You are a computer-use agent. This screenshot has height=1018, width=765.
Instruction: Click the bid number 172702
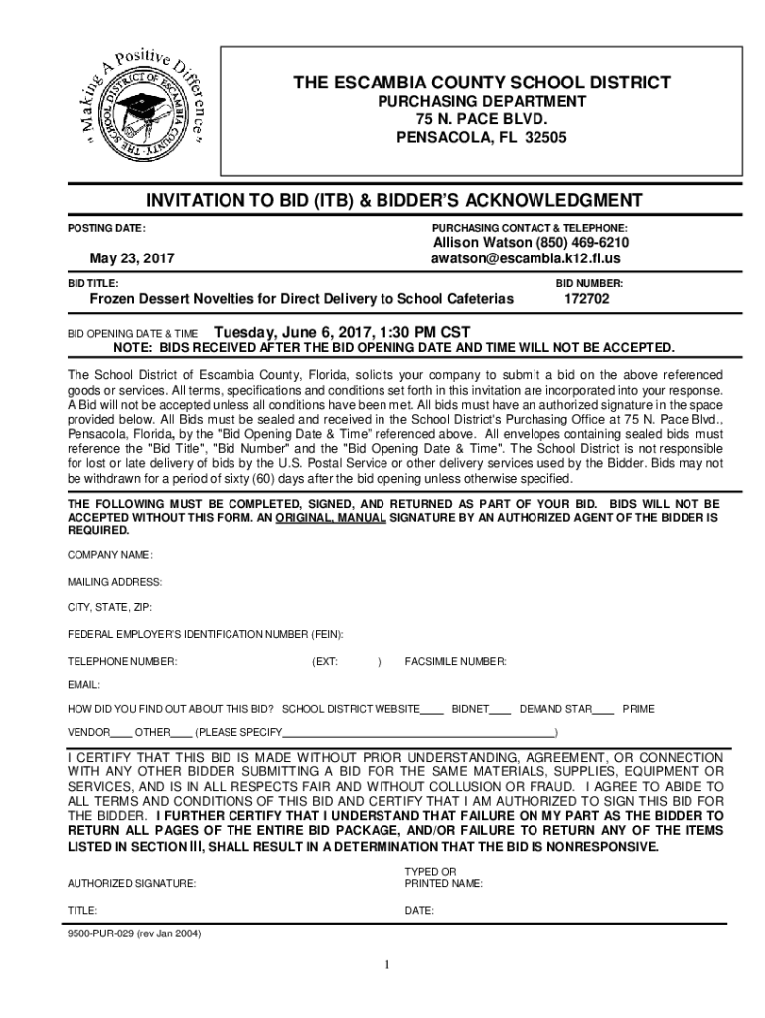(x=589, y=298)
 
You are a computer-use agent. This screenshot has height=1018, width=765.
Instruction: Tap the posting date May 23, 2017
(x=132, y=258)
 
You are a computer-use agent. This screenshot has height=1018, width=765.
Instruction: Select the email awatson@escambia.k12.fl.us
(x=526, y=258)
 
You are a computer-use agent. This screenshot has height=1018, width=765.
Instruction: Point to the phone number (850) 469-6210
(x=582, y=243)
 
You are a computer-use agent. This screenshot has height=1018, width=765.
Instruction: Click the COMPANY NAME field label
(x=109, y=554)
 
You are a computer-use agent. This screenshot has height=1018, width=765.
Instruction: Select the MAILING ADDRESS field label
(x=114, y=581)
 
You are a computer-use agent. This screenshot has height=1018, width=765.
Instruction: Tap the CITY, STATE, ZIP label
(x=109, y=607)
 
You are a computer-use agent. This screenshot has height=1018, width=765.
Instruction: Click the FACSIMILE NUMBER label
(x=455, y=661)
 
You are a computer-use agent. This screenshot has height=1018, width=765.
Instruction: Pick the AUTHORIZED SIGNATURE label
(x=131, y=883)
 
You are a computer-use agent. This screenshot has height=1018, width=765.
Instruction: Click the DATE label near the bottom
(x=419, y=910)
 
